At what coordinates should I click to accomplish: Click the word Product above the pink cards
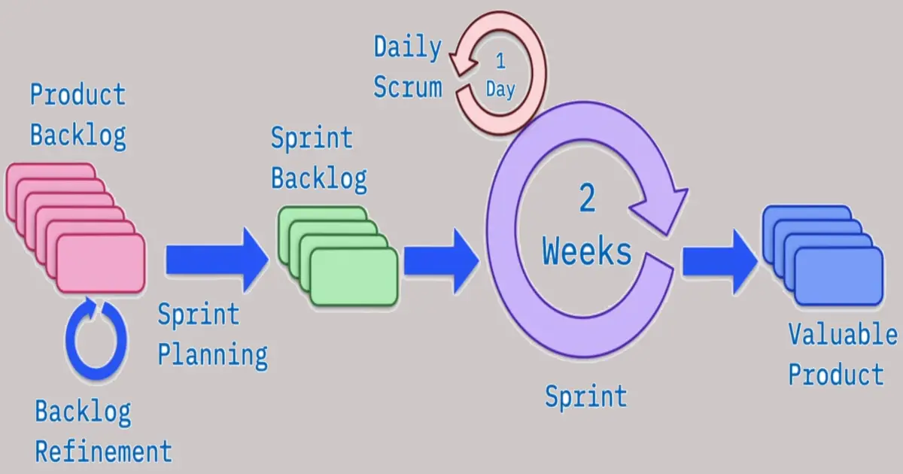pyautogui.click(x=78, y=96)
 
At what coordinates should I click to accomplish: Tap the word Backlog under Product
pyautogui.click(x=78, y=135)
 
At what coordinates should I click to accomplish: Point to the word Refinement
pyautogui.click(x=104, y=451)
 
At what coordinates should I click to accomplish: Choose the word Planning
pyautogui.click(x=212, y=354)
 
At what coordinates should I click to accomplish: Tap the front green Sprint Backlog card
pyautogui.click(x=354, y=277)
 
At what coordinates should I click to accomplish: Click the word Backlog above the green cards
pyautogui.click(x=319, y=178)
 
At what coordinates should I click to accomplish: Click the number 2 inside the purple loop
pyautogui.click(x=587, y=199)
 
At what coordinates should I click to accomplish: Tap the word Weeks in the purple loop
pyautogui.click(x=587, y=252)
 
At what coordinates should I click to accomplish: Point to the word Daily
pyautogui.click(x=408, y=48)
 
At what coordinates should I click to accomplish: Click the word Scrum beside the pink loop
pyautogui.click(x=408, y=87)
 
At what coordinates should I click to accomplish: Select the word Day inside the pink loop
pyautogui.click(x=500, y=90)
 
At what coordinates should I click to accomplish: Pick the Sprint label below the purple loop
pyautogui.click(x=586, y=396)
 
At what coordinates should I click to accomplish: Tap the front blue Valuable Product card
pyautogui.click(x=838, y=275)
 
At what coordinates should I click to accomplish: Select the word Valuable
pyautogui.click(x=843, y=336)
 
